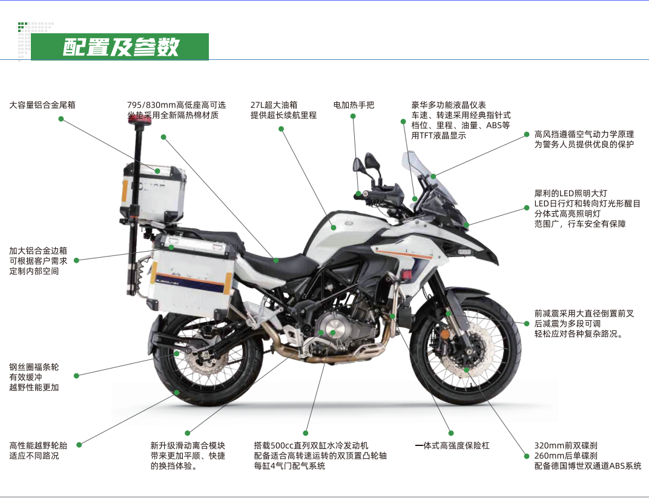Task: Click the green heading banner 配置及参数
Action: (x=120, y=47)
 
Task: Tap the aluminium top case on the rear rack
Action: (x=153, y=191)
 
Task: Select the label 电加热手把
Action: (x=354, y=105)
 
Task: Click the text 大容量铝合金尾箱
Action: (x=42, y=105)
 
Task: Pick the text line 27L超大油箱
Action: (x=274, y=105)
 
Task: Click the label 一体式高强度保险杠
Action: (x=452, y=446)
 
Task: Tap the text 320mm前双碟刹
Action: (x=566, y=446)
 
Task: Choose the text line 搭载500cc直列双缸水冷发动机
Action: (x=311, y=446)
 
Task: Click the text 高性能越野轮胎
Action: (x=38, y=446)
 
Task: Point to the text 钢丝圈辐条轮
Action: (x=34, y=367)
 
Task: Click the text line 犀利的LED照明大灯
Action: (x=570, y=194)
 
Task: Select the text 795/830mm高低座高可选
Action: (x=176, y=105)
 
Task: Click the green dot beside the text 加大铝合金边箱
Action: (x=76, y=261)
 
